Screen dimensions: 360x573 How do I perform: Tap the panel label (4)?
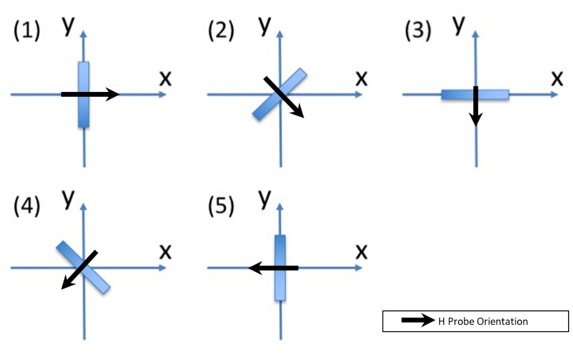(x=27, y=206)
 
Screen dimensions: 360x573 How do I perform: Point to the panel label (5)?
(x=221, y=206)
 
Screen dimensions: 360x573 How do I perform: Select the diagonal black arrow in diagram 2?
(x=283, y=97)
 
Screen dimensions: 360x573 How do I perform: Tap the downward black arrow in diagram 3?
(x=476, y=105)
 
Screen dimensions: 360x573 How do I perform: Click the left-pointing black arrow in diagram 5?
(x=273, y=268)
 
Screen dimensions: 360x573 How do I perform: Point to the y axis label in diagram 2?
(x=265, y=25)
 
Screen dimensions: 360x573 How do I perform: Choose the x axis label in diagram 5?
(x=361, y=252)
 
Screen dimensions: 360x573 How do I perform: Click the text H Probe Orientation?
(x=483, y=321)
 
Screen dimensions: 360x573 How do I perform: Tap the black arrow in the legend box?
(x=418, y=320)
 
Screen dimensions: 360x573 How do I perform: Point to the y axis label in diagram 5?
(x=265, y=199)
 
